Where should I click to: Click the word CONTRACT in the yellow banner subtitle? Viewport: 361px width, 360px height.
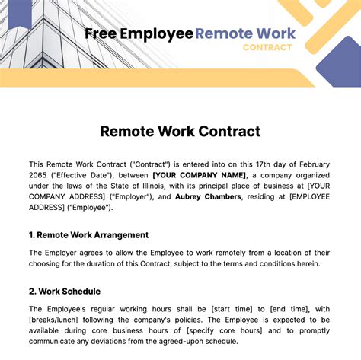tap(267, 47)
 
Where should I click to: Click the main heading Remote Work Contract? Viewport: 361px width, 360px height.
tap(180, 131)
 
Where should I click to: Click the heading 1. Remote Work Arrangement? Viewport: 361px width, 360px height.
tap(88, 235)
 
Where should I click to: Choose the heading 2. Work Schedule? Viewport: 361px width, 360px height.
tap(65, 291)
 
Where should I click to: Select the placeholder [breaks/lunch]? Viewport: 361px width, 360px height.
tap(57, 318)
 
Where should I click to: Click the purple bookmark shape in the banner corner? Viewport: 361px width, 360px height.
tap(19, 11)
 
